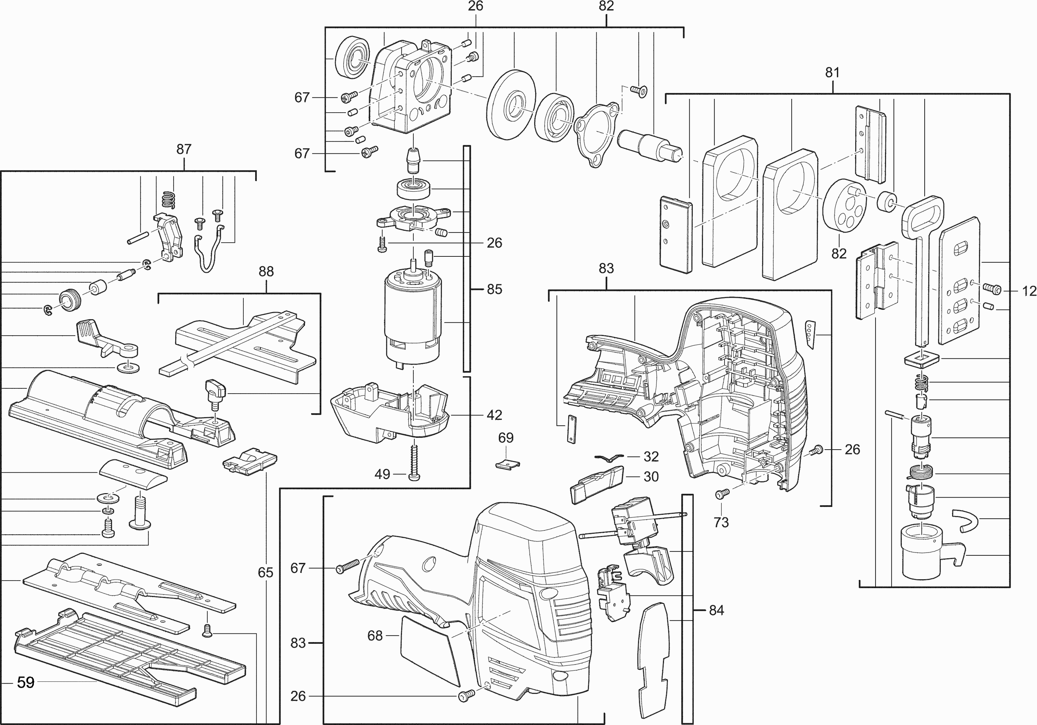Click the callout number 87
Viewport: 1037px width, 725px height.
(x=184, y=149)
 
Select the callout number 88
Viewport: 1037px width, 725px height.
(x=266, y=271)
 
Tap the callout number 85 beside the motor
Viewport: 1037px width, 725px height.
(x=495, y=289)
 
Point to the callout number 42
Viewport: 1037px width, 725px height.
(x=495, y=415)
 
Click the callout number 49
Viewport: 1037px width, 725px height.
(x=382, y=474)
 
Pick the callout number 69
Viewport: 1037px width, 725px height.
(x=506, y=437)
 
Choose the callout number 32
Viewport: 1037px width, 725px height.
(x=651, y=456)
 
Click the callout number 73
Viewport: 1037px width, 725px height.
(x=721, y=522)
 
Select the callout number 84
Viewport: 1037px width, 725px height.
(x=716, y=610)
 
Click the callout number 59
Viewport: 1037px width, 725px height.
(x=26, y=682)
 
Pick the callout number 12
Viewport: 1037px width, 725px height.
(x=1029, y=291)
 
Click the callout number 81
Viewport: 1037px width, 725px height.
(x=832, y=72)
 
